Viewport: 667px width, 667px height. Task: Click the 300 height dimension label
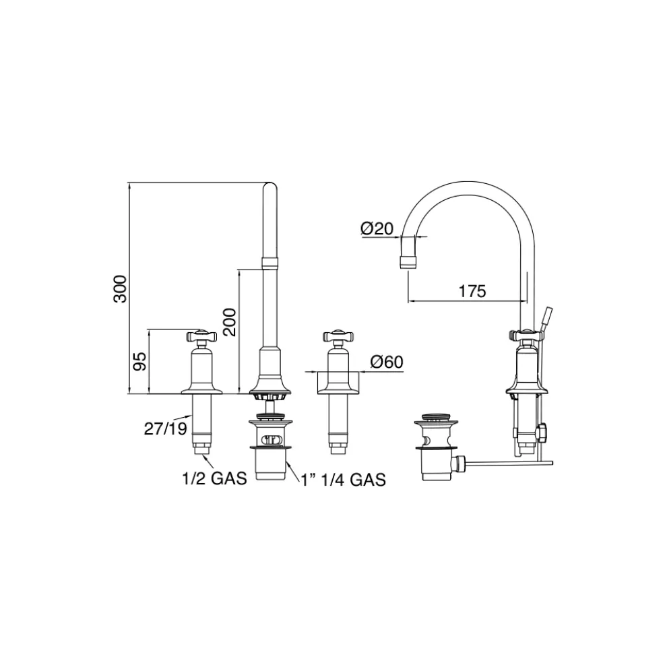pyautogui.click(x=120, y=289)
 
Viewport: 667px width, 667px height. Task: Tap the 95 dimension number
pyautogui.click(x=139, y=361)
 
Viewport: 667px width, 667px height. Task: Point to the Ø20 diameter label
pyautogui.click(x=377, y=229)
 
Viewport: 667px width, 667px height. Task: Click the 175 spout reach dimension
pyautogui.click(x=472, y=291)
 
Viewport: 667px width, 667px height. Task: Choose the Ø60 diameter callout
pyautogui.click(x=386, y=362)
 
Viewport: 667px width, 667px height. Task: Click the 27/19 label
pyautogui.click(x=166, y=428)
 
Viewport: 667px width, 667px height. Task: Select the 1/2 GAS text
pyautogui.click(x=214, y=478)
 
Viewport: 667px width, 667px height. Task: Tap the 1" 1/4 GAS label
pyautogui.click(x=343, y=480)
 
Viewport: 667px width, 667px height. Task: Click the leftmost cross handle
pyautogui.click(x=201, y=336)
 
